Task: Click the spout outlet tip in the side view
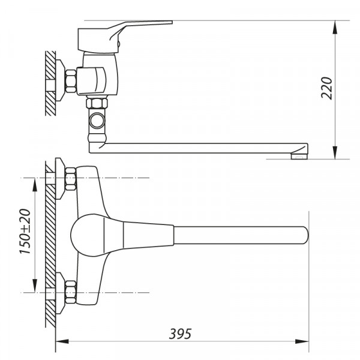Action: pos(298,156)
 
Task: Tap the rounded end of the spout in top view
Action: pos(302,235)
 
